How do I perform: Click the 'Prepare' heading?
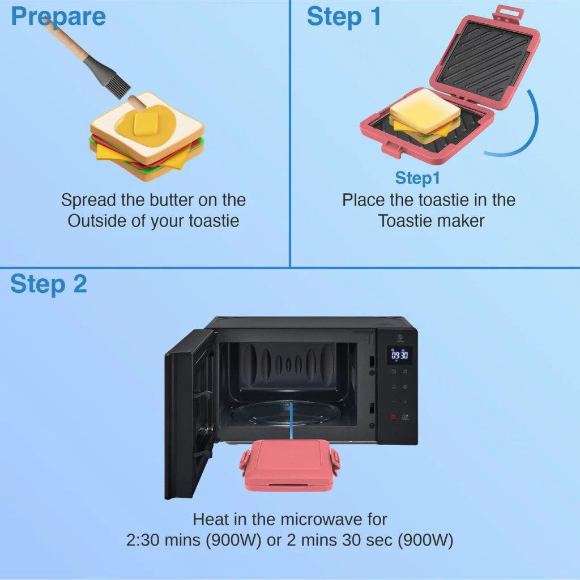point(58,17)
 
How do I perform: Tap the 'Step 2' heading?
point(49,284)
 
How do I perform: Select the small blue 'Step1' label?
point(417,178)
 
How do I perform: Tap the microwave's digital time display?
point(400,356)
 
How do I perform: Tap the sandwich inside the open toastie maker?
point(425,116)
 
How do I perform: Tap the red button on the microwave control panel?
point(393,417)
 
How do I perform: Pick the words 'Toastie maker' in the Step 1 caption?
point(431,220)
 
